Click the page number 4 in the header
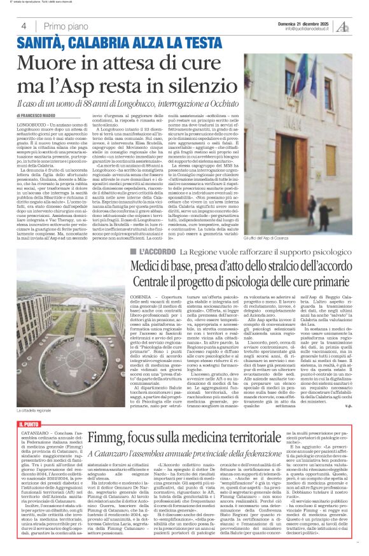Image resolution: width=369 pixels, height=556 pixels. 23,26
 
